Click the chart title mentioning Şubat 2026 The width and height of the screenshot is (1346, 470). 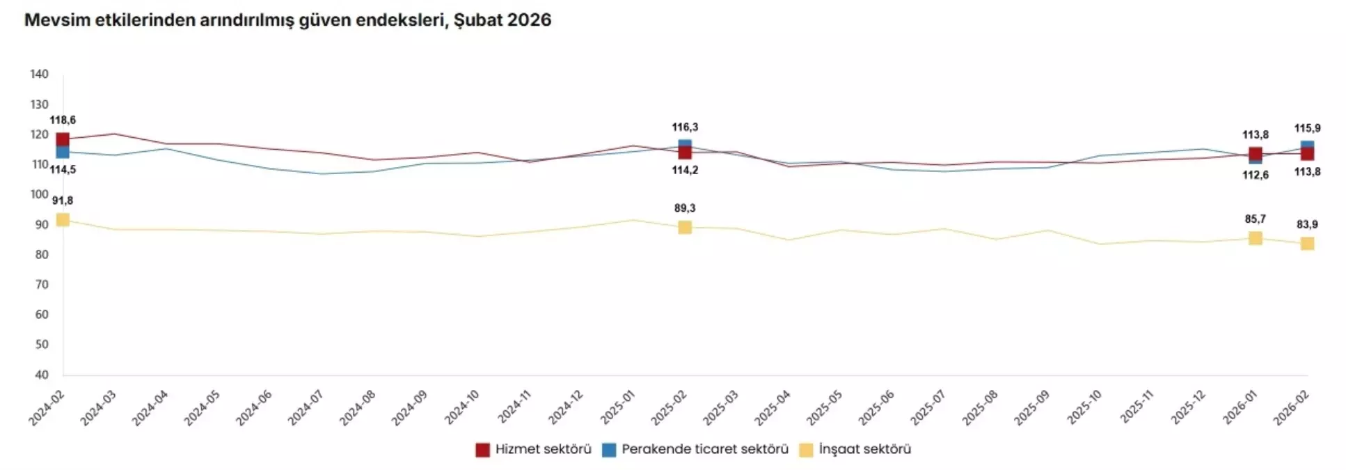[287, 20]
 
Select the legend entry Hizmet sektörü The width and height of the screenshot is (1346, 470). [533, 450]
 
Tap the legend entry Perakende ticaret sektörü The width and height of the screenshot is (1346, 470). [695, 450]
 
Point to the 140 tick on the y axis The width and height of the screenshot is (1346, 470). [40, 75]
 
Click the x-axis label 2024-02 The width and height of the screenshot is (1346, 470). [47, 408]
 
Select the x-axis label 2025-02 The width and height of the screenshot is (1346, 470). [669, 408]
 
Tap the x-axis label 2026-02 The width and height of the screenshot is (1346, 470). [1291, 408]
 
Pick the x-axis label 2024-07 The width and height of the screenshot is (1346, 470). [306, 408]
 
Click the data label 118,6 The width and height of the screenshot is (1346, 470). [63, 120]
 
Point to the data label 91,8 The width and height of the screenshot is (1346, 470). [63, 201]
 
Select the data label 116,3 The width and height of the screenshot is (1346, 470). [685, 127]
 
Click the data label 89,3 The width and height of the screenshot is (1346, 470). [685, 208]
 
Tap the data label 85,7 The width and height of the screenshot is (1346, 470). [1256, 219]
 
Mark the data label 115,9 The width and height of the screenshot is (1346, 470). [1307, 129]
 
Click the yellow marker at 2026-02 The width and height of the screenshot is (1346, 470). [1307, 244]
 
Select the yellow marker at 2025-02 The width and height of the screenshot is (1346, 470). [685, 228]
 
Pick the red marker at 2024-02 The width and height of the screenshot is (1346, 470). [63, 140]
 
